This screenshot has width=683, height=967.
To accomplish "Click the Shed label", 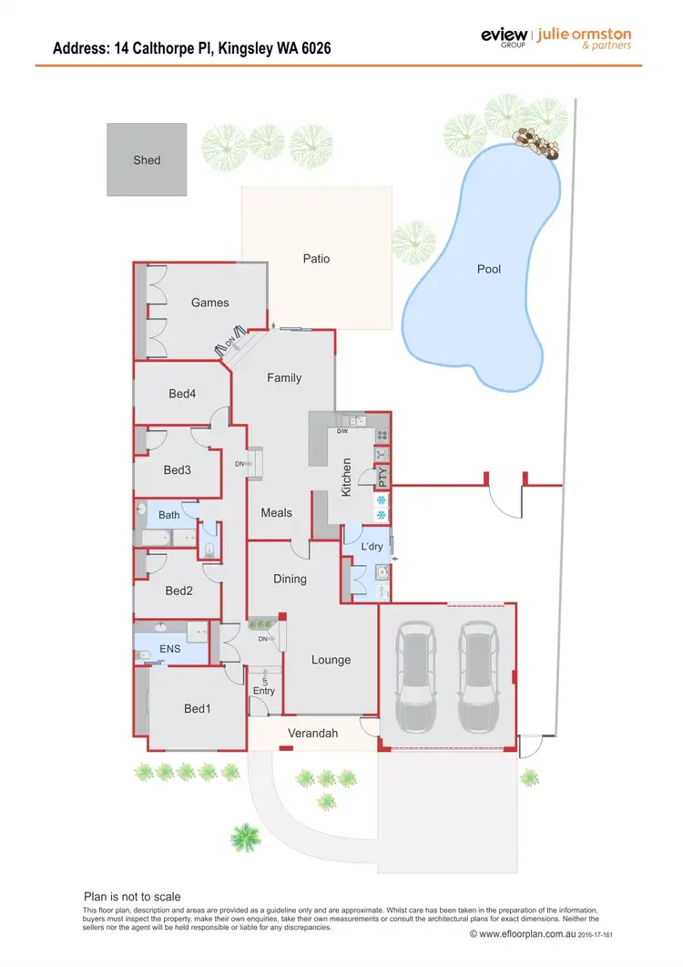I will point(147,159).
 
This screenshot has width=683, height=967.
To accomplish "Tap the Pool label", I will point(489,269).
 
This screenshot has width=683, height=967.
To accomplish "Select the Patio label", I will point(316,259).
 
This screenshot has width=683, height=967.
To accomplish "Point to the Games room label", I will point(210,303).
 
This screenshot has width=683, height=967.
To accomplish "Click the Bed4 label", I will point(182,394).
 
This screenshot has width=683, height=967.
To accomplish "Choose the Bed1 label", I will point(198,708).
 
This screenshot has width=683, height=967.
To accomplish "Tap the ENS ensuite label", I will point(170,650).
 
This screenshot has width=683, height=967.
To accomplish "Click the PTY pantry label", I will point(382,475).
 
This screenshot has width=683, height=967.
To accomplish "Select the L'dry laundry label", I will point(372,546).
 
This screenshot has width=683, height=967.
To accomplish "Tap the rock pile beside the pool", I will point(535,141).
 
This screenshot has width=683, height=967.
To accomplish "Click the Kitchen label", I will point(346,478).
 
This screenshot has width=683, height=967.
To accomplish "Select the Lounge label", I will point(331,660).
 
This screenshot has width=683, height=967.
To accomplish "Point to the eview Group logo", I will point(505,36).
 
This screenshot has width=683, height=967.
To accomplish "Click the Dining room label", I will point(291,579).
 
